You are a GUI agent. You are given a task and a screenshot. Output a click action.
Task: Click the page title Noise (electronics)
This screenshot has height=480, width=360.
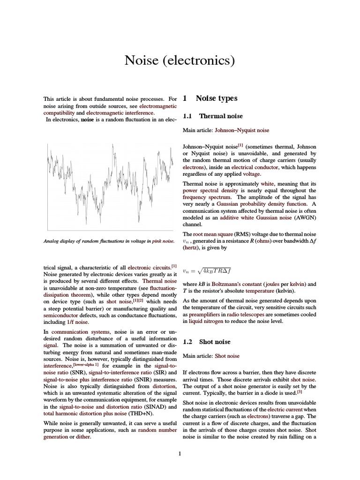click(180, 60)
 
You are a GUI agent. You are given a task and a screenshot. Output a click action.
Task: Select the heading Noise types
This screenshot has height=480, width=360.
click(216, 98)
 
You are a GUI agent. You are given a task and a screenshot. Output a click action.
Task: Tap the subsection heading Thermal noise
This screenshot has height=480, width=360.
click(219, 115)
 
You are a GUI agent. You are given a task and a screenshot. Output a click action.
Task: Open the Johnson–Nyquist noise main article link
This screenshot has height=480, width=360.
click(242, 130)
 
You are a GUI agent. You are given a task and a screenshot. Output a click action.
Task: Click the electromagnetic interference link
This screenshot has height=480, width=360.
click(120, 113)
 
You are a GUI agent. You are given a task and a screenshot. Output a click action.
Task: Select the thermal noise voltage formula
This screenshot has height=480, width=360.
click(207, 270)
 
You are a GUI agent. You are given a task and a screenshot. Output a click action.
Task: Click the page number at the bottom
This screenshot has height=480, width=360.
click(180, 453)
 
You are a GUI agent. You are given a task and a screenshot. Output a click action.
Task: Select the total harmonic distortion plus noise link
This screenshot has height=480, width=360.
click(85, 413)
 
